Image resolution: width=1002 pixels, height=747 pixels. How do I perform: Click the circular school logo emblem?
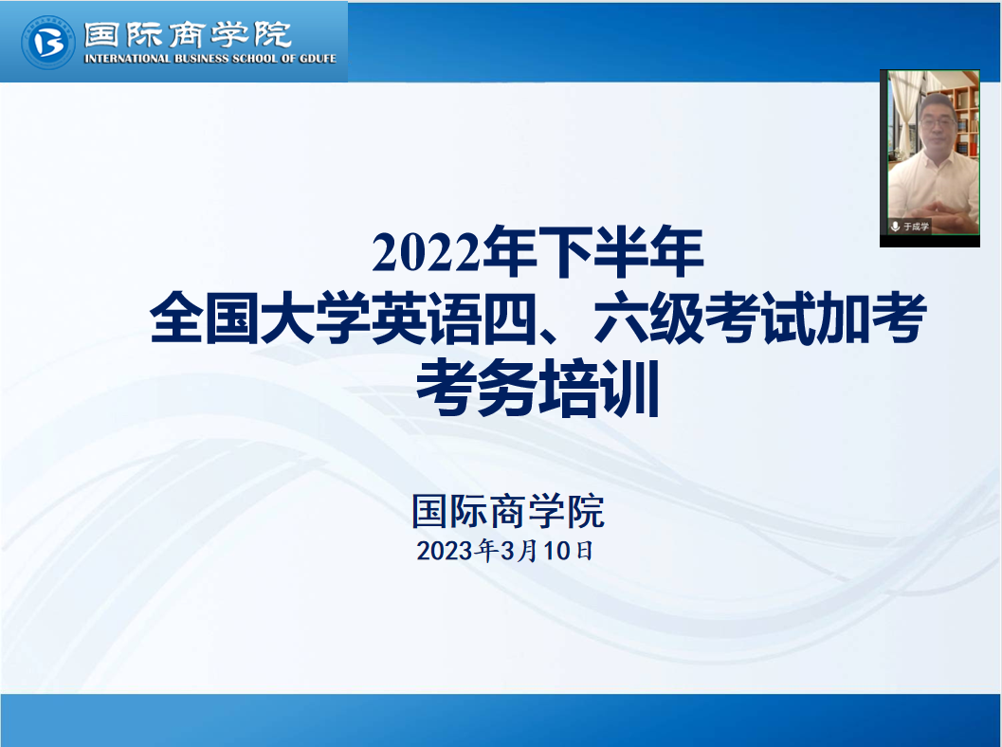click(x=48, y=42)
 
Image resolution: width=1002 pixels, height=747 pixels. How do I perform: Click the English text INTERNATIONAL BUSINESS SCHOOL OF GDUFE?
click(x=210, y=59)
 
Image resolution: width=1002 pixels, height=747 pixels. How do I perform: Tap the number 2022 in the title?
click(x=427, y=252)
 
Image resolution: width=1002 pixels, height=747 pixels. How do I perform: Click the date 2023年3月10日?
click(x=505, y=550)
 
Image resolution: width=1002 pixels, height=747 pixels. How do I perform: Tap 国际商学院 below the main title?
click(x=508, y=511)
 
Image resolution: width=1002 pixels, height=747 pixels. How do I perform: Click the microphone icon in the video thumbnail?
click(x=895, y=227)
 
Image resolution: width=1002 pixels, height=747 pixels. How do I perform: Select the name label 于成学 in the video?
click(x=917, y=227)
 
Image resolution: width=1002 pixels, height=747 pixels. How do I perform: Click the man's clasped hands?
click(x=937, y=210)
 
